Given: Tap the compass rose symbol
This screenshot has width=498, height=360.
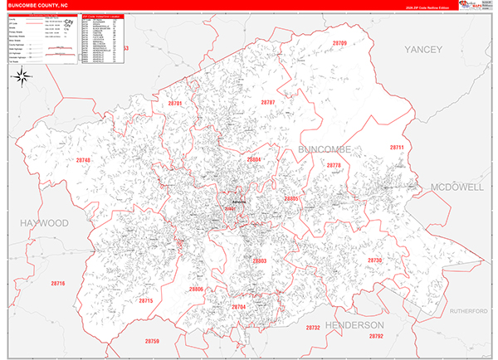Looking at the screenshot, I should [23, 79].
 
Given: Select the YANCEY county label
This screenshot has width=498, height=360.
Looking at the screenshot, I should [424, 51].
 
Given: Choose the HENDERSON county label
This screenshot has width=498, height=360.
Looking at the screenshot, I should [354, 324].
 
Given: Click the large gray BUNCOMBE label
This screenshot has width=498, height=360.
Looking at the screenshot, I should [325, 148].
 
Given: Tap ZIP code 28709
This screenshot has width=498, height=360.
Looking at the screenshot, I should [339, 43].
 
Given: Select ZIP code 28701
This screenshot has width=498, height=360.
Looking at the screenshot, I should [174, 104].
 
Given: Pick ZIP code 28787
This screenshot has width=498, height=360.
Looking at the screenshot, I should [267, 102].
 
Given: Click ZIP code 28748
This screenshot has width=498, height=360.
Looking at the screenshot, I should [83, 160].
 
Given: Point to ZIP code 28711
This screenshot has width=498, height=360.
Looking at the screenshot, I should [397, 147].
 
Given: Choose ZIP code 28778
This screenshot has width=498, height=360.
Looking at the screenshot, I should [334, 166].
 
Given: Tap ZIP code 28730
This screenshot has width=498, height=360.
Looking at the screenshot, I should [374, 260].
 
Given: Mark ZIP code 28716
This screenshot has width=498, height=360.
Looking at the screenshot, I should [56, 284].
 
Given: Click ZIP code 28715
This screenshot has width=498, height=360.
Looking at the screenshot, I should [146, 300].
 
